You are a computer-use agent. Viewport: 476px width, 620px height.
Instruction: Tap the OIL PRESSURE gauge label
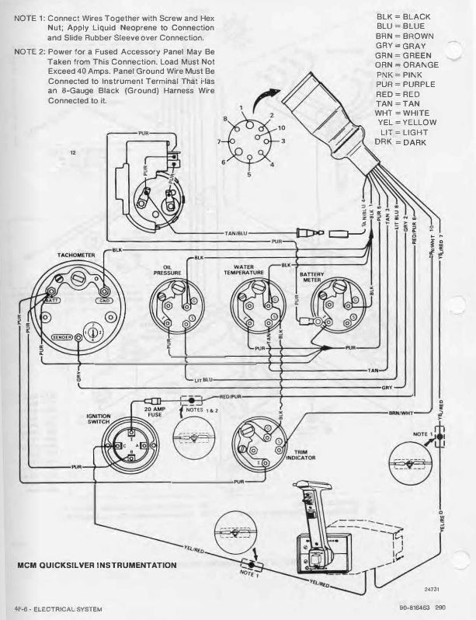167,270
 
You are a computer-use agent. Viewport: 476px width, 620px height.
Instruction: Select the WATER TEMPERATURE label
244,270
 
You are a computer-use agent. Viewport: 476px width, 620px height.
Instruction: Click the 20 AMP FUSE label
155,411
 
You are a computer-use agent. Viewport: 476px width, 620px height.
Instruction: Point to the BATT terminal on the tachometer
53,299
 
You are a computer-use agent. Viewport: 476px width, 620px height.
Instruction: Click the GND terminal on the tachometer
103,300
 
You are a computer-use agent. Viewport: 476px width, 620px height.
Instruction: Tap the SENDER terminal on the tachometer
61,338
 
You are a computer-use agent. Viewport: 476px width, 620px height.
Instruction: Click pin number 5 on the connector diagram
249,175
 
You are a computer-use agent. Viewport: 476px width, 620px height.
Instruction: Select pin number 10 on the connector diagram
282,127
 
